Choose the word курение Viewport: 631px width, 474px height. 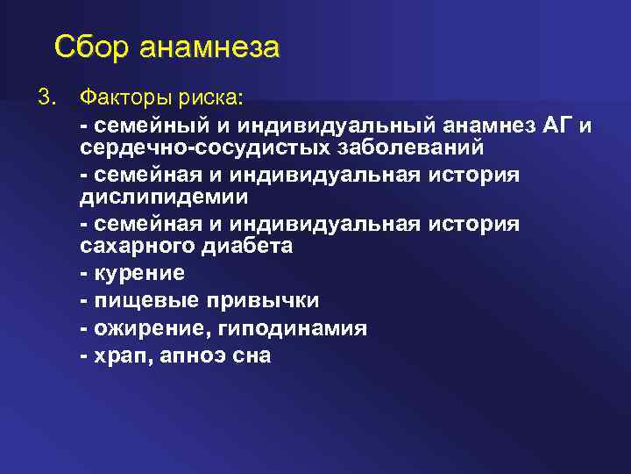point(137,274)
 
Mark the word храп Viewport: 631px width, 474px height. point(119,356)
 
